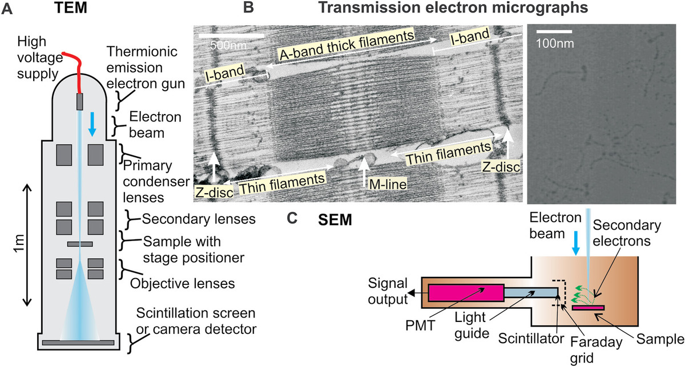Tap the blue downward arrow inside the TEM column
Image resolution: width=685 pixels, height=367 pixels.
point(91,123)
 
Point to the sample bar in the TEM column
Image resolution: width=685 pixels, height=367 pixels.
point(79,244)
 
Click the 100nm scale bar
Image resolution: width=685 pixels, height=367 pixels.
point(553,29)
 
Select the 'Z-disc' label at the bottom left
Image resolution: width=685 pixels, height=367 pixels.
point(215,192)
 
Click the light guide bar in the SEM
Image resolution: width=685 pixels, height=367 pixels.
point(531,292)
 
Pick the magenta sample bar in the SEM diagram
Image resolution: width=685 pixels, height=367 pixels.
point(588,308)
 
